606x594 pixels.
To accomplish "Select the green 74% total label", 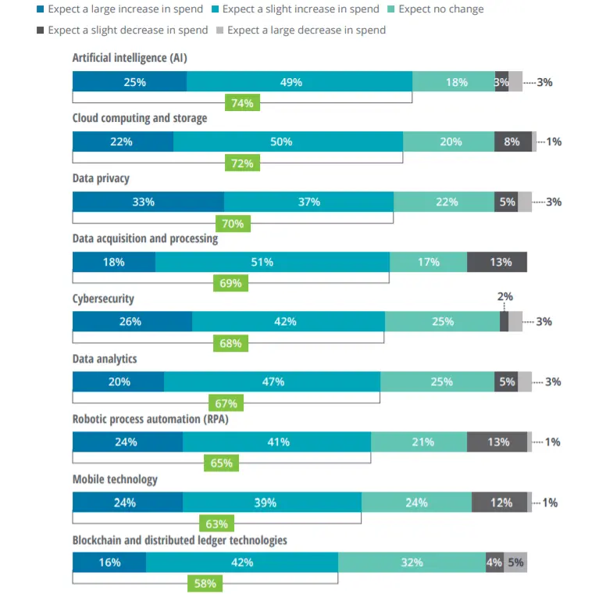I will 242,103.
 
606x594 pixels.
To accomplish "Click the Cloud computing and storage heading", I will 140,118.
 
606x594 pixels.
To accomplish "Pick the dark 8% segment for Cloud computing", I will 512,141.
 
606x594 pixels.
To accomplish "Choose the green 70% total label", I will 233,224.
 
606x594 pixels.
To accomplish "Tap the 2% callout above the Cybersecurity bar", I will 505,297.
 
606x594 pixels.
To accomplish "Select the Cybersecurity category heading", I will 103,299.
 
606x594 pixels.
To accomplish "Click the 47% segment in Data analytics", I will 272,381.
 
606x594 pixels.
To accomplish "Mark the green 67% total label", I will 226,403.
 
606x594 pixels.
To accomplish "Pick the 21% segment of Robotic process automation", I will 419,442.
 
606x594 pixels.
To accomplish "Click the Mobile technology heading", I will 115,479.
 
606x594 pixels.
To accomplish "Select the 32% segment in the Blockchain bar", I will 412,562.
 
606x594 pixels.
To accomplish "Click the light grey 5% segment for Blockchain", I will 515,562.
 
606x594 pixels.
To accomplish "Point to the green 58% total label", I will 205,583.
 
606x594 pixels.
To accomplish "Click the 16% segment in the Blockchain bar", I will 109,562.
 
